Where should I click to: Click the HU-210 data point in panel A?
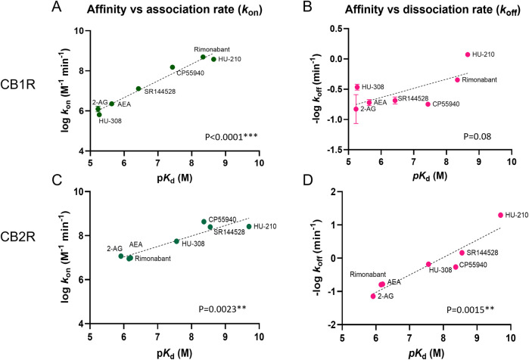tap(213, 59)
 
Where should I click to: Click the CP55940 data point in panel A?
tap(173, 67)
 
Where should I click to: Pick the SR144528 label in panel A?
tap(160, 90)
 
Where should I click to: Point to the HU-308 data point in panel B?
tap(357, 87)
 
